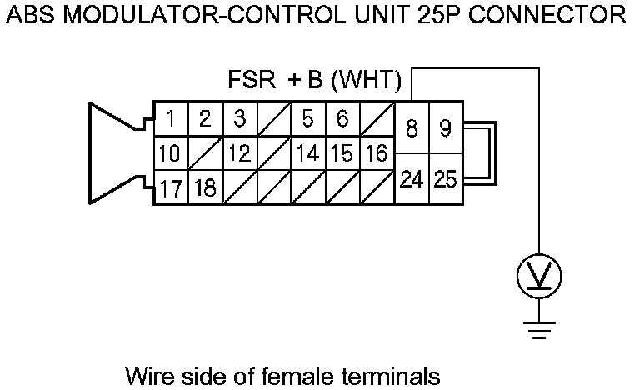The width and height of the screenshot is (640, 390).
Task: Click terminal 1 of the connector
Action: click(170, 119)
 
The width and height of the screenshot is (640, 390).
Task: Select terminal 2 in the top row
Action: click(205, 119)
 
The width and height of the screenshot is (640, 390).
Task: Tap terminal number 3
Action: click(239, 119)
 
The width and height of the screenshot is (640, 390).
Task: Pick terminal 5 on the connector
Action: click(307, 119)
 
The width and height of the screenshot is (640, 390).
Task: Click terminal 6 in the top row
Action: click(342, 119)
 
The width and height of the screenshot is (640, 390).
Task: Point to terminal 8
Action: click(412, 129)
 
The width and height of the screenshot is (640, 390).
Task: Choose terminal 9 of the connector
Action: click(446, 129)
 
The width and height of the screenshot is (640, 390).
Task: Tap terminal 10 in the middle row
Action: click(170, 154)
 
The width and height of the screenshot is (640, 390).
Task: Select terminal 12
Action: click(239, 154)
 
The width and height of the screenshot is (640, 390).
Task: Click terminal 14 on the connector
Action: click(307, 154)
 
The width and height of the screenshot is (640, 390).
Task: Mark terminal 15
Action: click(342, 154)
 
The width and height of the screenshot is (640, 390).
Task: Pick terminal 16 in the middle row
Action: click(376, 154)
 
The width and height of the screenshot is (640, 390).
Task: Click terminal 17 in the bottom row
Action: click(170, 188)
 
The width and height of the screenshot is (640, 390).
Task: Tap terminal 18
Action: click(205, 188)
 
